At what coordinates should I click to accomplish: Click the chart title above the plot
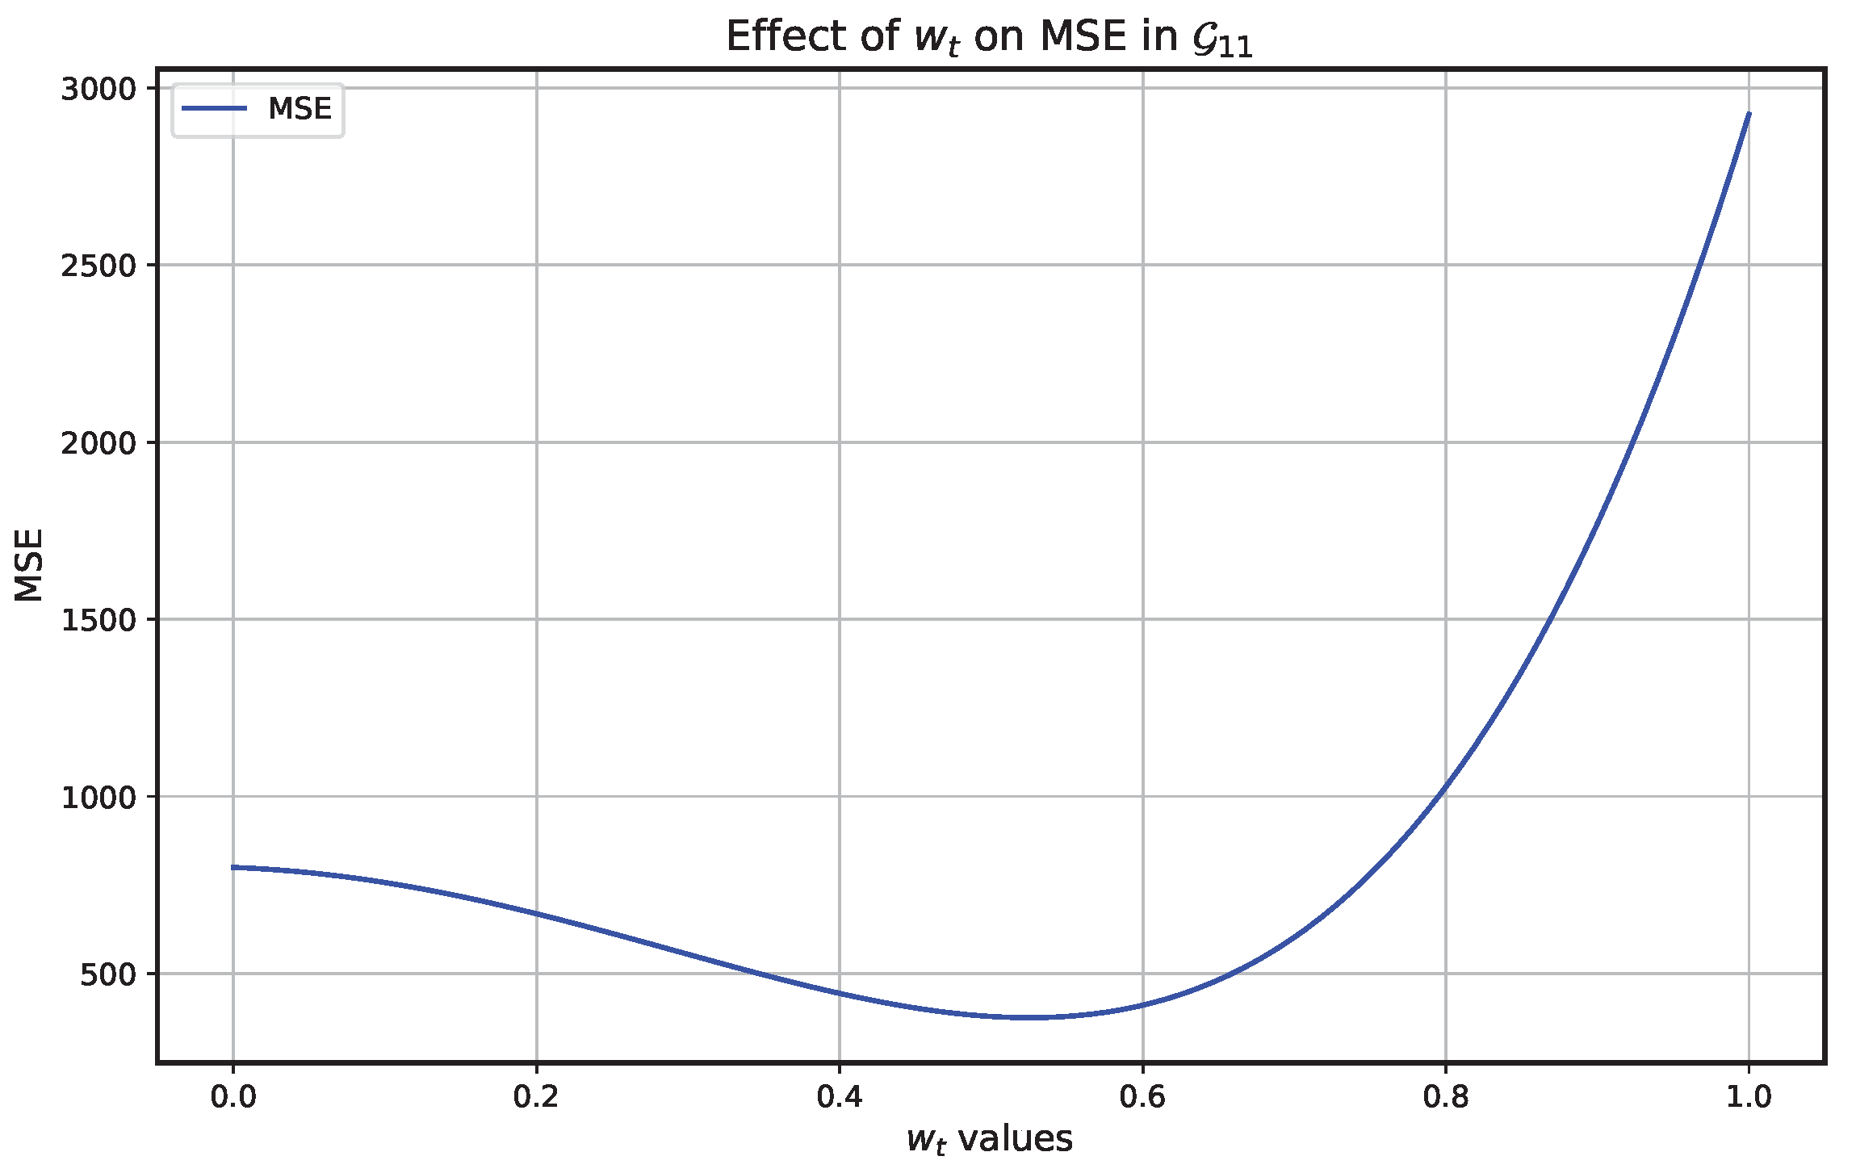coord(988,37)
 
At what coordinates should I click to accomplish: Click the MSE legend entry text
coord(300,109)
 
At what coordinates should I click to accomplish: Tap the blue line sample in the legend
coord(214,109)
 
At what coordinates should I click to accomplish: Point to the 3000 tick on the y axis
coord(99,89)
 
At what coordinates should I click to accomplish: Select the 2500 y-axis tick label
coord(99,266)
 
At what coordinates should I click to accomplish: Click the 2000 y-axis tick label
coord(99,442)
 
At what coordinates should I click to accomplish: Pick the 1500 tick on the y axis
coord(99,620)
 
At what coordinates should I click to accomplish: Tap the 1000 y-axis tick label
coord(99,797)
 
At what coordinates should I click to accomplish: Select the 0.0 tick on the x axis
coord(233,1096)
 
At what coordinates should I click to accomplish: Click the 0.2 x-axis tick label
coord(536,1096)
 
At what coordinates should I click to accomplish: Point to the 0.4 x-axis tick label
coord(839,1096)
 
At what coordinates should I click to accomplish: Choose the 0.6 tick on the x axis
coord(1142,1096)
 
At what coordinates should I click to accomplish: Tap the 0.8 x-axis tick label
coord(1445,1096)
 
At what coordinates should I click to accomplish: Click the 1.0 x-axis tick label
coord(1749,1096)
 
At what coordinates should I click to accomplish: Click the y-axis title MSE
coord(29,565)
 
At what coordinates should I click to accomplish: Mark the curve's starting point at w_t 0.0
coord(233,867)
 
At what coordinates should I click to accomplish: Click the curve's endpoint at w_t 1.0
coord(1749,114)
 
